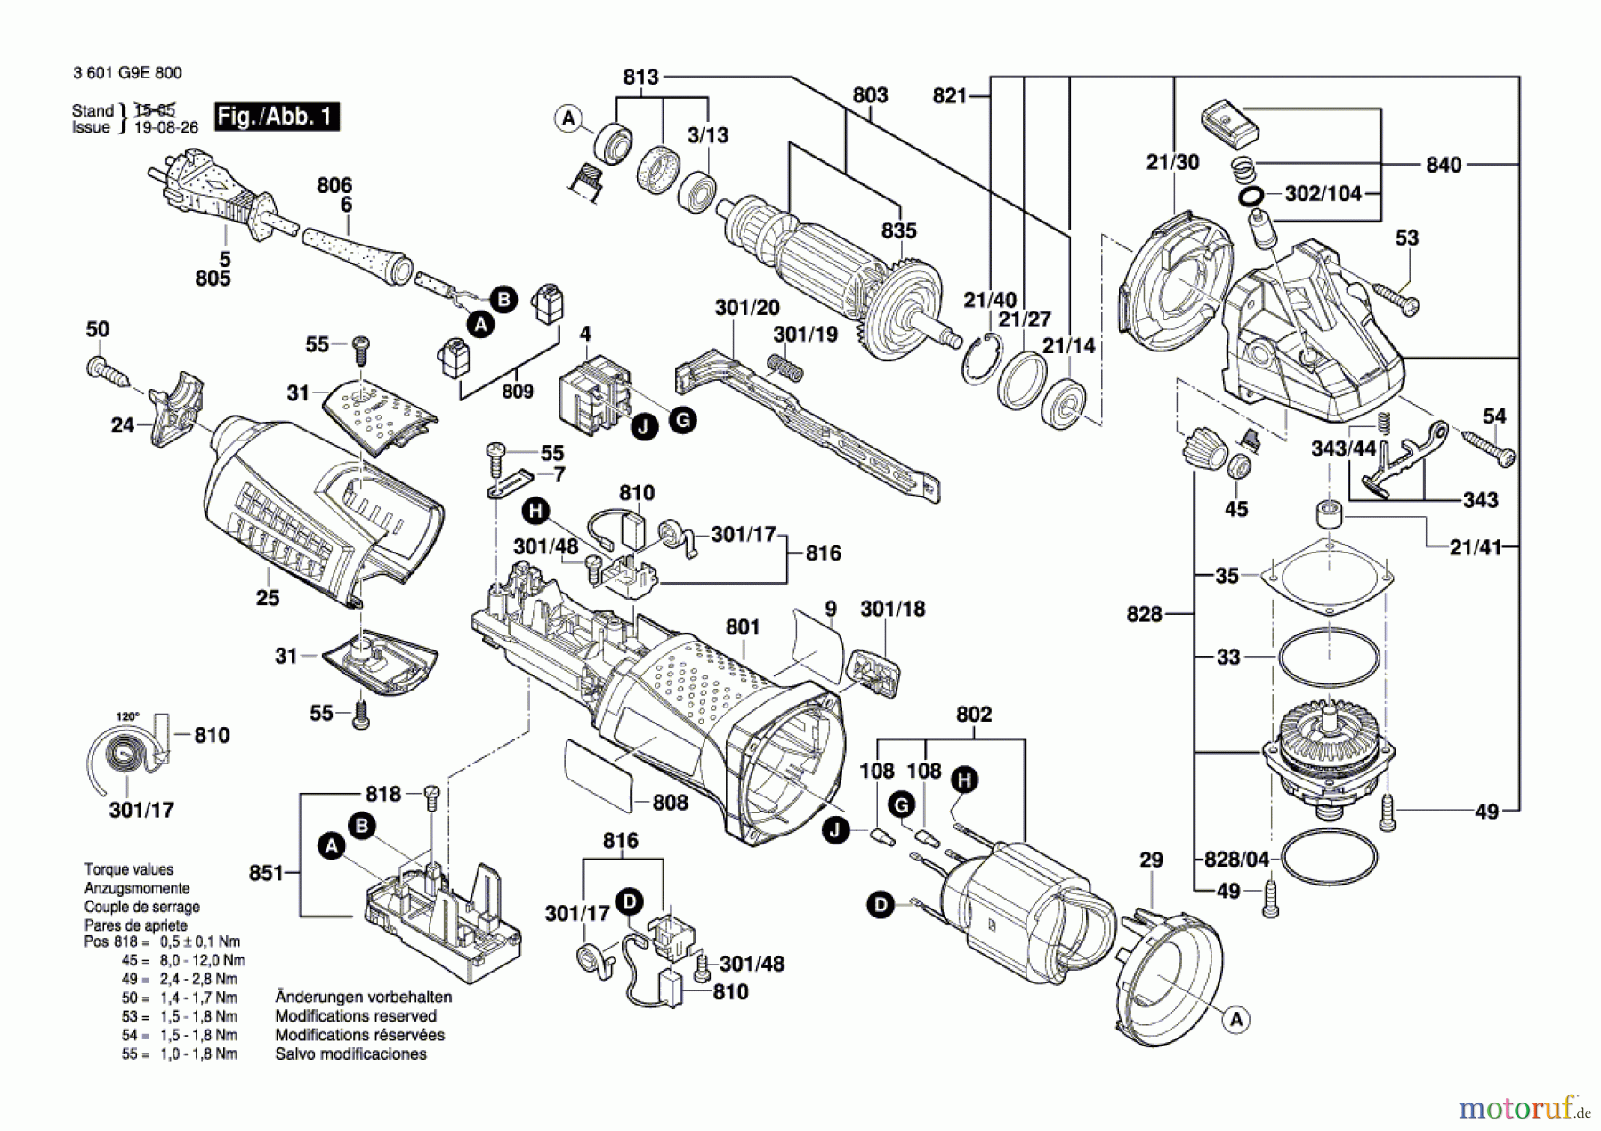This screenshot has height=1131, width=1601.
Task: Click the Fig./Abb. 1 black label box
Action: (x=277, y=117)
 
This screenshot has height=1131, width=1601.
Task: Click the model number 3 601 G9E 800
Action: (x=127, y=73)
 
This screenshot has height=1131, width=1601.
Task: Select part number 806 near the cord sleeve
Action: (x=334, y=185)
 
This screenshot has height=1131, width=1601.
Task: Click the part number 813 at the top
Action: (x=640, y=77)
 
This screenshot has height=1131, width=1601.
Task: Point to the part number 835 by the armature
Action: (x=898, y=230)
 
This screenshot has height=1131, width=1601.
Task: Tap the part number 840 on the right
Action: (x=1444, y=165)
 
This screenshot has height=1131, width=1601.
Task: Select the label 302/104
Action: (x=1323, y=194)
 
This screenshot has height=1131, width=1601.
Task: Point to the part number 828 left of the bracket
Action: (x=1144, y=614)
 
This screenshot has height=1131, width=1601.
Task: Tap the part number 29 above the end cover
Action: (x=1151, y=860)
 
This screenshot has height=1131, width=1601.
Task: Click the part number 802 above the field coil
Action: (x=974, y=715)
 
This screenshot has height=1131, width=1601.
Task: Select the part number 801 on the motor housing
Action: (x=743, y=627)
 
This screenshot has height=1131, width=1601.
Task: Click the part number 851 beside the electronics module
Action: (x=266, y=873)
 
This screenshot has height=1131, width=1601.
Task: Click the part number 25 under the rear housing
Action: (x=268, y=598)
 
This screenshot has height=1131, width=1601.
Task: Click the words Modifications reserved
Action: (x=356, y=1016)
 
